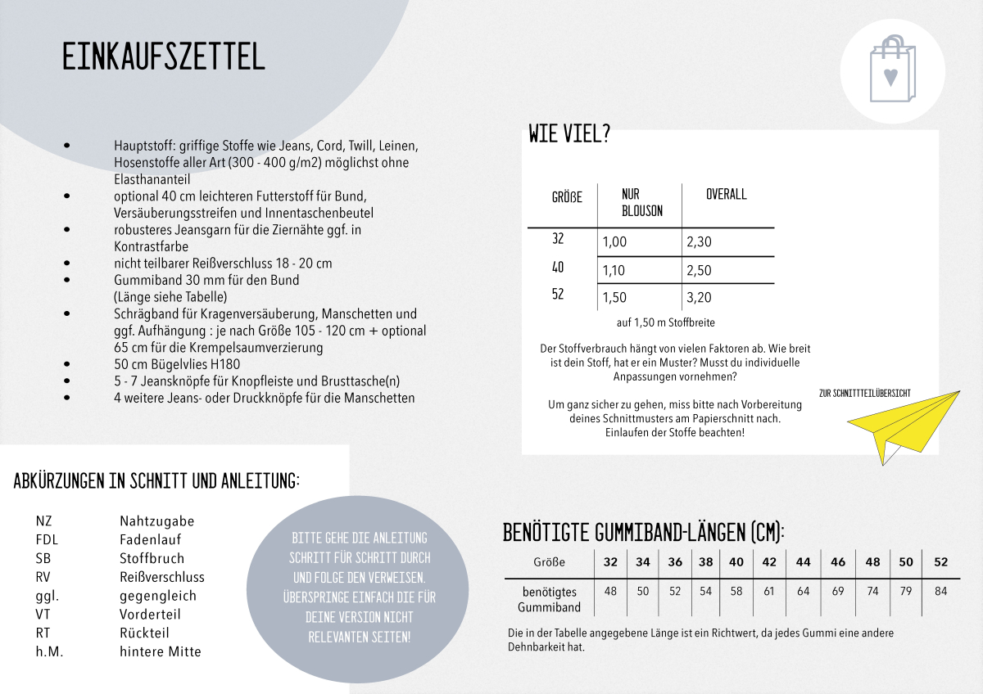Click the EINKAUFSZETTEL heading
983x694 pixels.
164,56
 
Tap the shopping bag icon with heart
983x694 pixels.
891,69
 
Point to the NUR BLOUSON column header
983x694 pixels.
641,203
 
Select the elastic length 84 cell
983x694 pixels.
940,591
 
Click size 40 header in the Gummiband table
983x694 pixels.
736,562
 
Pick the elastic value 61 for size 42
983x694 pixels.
768,591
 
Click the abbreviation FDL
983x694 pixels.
47,540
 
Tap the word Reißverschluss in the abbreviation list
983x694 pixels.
161,577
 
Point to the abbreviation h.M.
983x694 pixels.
49,652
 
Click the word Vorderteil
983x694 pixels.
150,615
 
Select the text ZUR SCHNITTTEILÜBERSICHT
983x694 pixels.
864,394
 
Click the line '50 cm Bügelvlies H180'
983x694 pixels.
177,364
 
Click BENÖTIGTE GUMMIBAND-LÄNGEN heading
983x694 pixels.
643,533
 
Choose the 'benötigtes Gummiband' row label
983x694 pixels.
549,599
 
